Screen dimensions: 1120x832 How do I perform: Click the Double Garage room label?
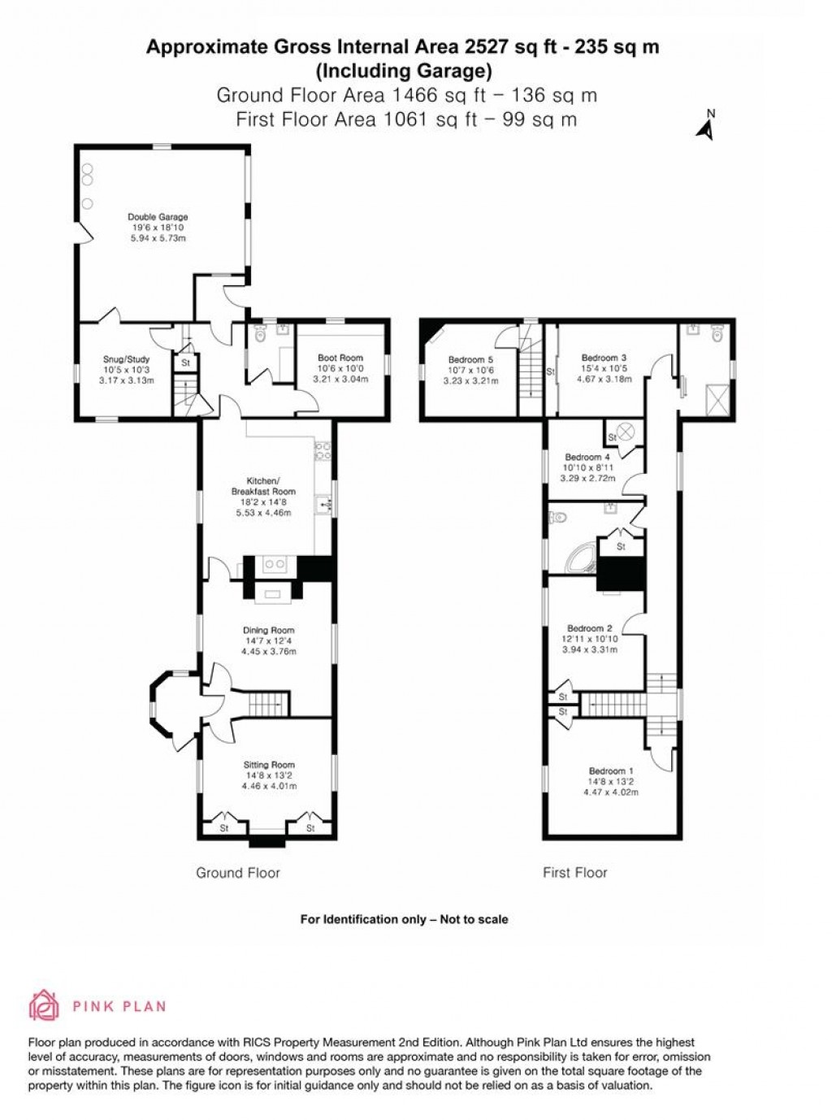(x=158, y=217)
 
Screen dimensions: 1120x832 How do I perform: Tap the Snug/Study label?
(x=126, y=359)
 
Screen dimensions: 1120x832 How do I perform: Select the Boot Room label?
(x=340, y=358)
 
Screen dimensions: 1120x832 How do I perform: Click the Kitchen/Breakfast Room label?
(x=263, y=486)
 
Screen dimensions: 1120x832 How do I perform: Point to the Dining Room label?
(x=269, y=630)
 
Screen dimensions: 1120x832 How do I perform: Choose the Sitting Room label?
(x=269, y=765)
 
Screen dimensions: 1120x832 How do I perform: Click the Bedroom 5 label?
(x=470, y=360)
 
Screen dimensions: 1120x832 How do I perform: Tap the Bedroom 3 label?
(x=604, y=358)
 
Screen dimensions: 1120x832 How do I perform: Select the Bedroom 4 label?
(x=587, y=458)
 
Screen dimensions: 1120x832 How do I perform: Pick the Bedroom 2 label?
(x=590, y=628)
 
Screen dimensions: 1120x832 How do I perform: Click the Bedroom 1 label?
(x=611, y=771)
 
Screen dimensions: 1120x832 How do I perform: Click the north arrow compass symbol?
(x=706, y=127)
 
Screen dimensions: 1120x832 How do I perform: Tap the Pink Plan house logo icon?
(x=44, y=1005)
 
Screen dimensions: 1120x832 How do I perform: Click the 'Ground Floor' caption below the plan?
(x=238, y=873)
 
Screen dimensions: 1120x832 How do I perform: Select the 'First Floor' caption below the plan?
(x=574, y=873)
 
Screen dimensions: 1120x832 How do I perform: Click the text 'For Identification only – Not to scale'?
(x=404, y=919)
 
